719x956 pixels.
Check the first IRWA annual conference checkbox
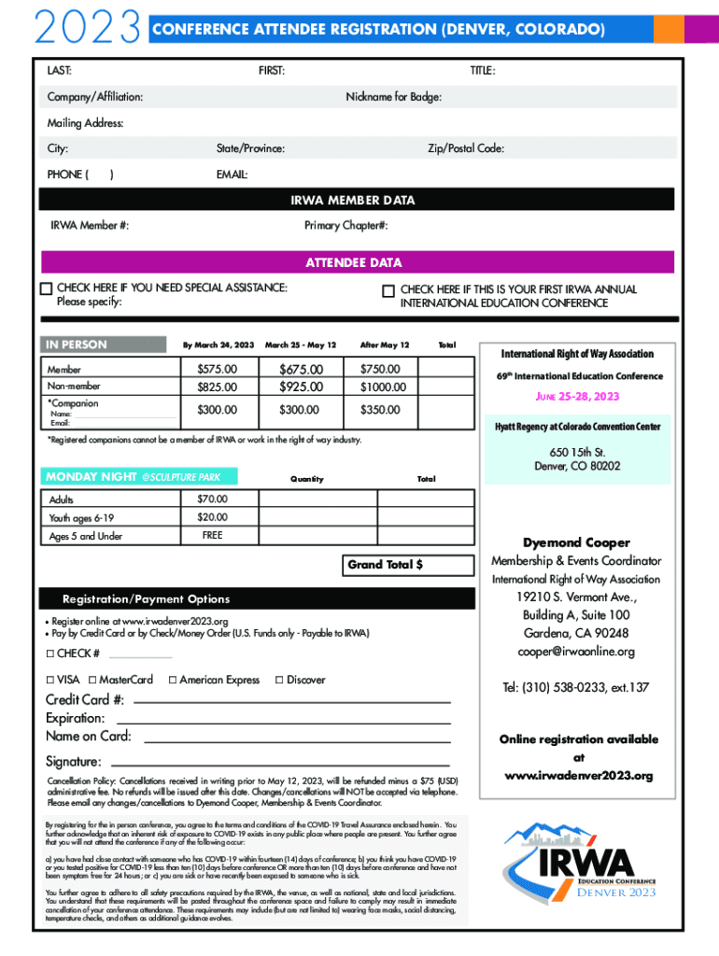pyautogui.click(x=388, y=291)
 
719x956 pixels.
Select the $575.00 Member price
pyautogui.click(x=217, y=370)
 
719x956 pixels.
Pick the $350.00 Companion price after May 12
pyautogui.click(x=384, y=410)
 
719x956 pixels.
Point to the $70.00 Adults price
pyautogui.click(x=212, y=499)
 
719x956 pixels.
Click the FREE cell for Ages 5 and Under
pyautogui.click(x=212, y=536)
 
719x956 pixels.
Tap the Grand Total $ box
pyautogui.click(x=385, y=565)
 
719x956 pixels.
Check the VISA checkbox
pyautogui.click(x=51, y=680)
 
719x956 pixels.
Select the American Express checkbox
pyautogui.click(x=173, y=680)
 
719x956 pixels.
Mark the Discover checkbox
pyautogui.click(x=279, y=680)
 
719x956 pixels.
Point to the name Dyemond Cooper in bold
pyautogui.click(x=576, y=542)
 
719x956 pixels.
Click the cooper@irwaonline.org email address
pyautogui.click(x=576, y=651)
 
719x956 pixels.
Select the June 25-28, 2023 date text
pyautogui.click(x=576, y=397)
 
